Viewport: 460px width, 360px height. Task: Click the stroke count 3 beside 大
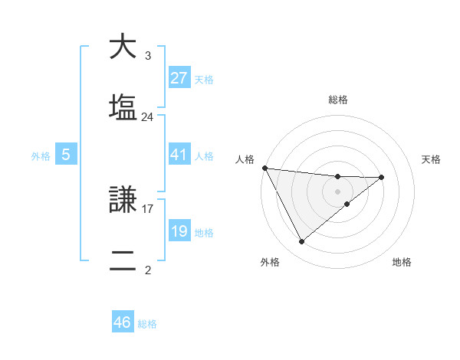point(147,56)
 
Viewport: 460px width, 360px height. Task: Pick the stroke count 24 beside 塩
point(147,117)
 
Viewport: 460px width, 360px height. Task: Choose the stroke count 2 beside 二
point(147,270)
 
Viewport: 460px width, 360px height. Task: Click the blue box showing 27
point(179,78)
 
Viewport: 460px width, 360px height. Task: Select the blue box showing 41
point(179,155)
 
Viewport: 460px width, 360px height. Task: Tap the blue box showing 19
point(179,231)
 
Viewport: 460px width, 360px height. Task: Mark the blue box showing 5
point(66,155)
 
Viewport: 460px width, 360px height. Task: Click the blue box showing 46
point(122,322)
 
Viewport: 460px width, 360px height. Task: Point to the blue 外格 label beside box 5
point(41,155)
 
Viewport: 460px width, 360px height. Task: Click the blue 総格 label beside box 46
point(147,324)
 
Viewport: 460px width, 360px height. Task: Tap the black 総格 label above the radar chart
point(338,100)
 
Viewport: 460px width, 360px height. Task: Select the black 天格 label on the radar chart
point(432,159)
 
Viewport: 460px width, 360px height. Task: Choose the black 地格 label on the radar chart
point(402,263)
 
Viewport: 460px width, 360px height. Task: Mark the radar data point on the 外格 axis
point(301,242)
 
